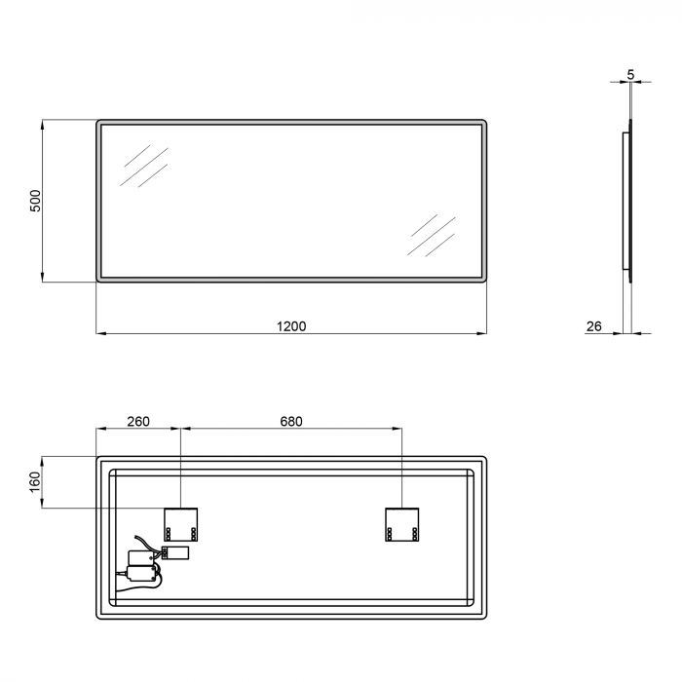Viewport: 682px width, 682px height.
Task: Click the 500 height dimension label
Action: click(35, 202)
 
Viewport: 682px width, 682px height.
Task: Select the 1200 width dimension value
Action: click(291, 326)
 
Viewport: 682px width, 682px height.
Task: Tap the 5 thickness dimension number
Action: click(631, 75)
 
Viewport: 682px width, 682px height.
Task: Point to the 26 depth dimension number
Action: click(593, 326)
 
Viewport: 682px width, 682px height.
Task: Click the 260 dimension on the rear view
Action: click(138, 422)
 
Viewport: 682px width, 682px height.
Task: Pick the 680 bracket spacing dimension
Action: click(291, 422)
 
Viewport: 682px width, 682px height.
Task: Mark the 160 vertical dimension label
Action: click(35, 481)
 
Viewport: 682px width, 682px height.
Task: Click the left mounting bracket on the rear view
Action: click(181, 524)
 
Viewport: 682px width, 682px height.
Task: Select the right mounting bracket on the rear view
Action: click(402, 524)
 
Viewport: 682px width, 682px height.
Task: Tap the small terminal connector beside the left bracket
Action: click(175, 552)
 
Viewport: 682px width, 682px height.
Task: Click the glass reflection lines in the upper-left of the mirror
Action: click(144, 166)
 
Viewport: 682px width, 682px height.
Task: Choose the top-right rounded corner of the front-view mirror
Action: click(482, 124)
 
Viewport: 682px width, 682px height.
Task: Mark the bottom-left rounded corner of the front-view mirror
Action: click(99, 279)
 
